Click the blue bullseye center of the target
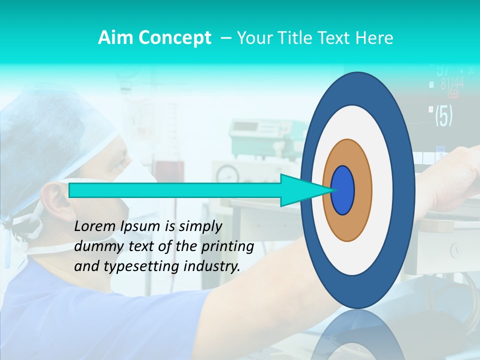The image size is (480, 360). pyautogui.click(x=343, y=190)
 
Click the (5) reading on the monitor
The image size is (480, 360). pyautogui.click(x=443, y=115)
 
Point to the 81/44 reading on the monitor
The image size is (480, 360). pyautogui.click(x=451, y=83)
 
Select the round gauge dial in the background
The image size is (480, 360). pyautogui.click(x=227, y=174)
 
